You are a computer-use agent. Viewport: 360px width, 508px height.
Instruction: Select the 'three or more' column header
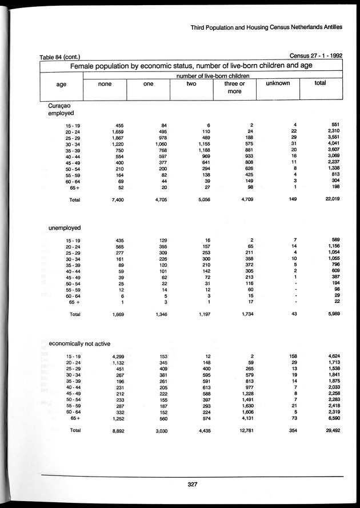(x=234, y=87)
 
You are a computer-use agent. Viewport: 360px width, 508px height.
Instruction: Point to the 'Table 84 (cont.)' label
(x=59, y=57)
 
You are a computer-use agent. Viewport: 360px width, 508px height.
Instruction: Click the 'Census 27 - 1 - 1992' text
(x=317, y=56)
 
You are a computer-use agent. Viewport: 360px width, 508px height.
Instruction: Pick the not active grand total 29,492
(x=333, y=431)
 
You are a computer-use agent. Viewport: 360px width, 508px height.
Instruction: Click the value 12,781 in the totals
(x=243, y=431)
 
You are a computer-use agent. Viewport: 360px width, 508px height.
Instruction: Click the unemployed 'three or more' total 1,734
(x=245, y=315)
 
